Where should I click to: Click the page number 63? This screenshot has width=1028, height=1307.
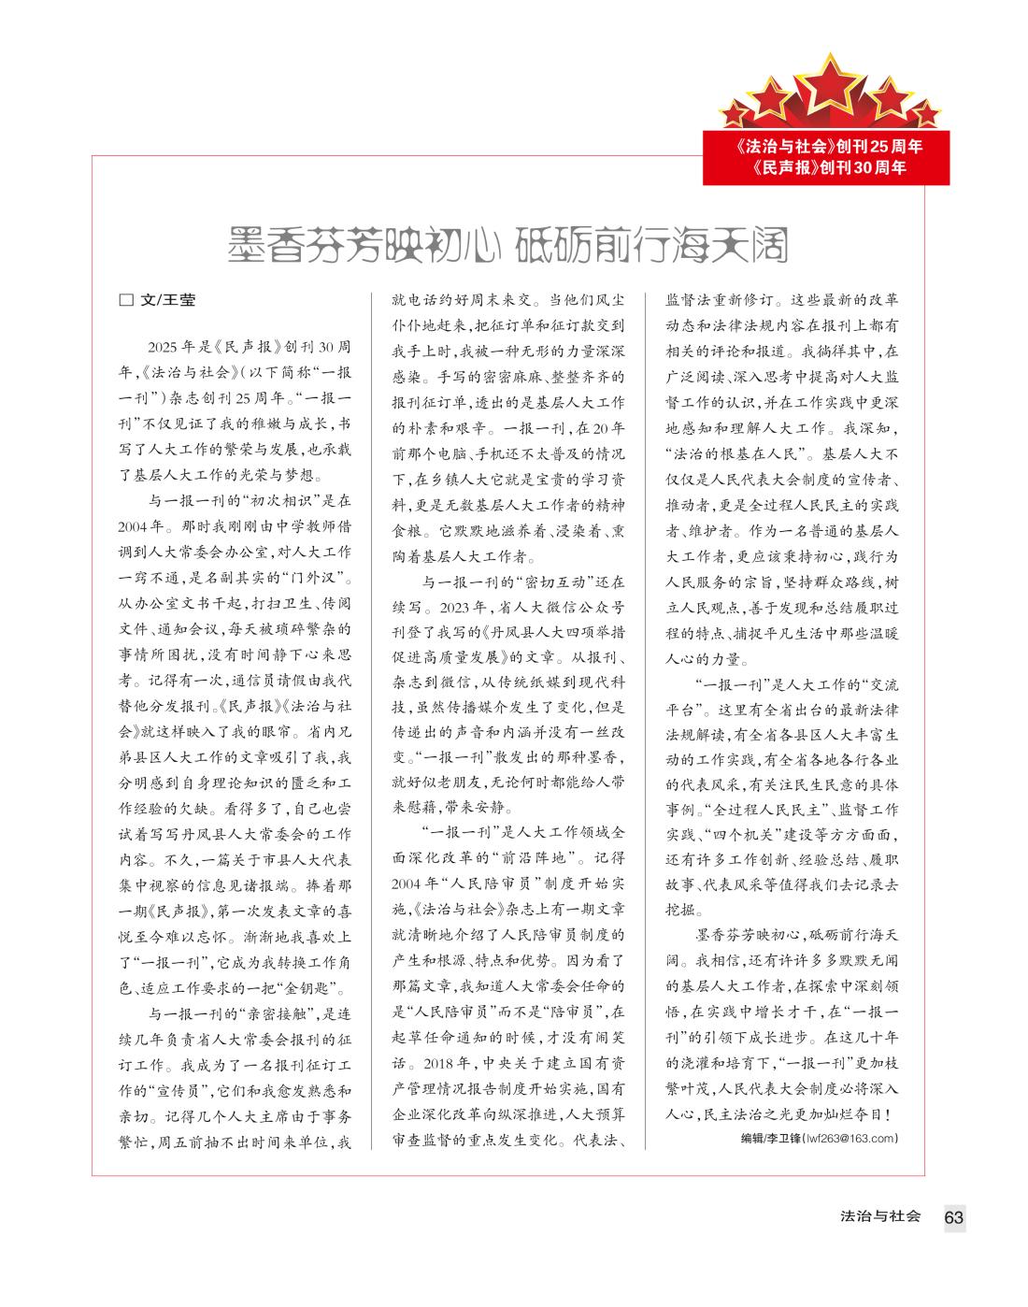(953, 1217)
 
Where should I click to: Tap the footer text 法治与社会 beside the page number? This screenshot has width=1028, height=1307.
(880, 1216)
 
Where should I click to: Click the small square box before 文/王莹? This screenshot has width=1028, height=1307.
(126, 301)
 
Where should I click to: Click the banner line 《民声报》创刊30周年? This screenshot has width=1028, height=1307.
(828, 168)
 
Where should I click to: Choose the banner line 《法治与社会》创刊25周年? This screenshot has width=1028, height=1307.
(828, 147)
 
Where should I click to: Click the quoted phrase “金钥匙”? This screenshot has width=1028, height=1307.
(312, 989)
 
